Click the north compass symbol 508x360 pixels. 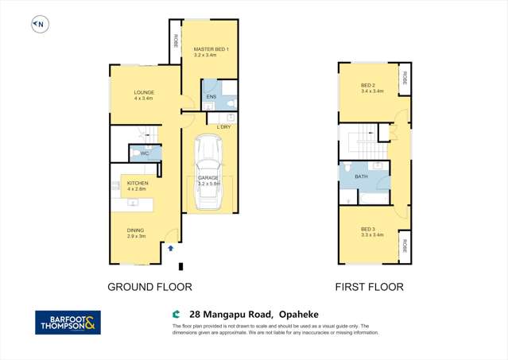point(39,25)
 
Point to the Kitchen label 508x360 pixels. point(138,184)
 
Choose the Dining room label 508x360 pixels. point(136,231)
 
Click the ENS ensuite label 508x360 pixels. point(211,97)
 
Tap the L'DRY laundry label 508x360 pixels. point(224,127)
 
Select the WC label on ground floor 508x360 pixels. point(145,153)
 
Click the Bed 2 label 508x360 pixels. point(367,86)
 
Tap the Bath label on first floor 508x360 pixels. point(361,176)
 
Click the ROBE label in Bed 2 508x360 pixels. point(405,79)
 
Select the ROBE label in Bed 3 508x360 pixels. point(405,246)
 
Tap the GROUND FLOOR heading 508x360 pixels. point(150,287)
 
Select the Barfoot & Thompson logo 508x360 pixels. point(68,322)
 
